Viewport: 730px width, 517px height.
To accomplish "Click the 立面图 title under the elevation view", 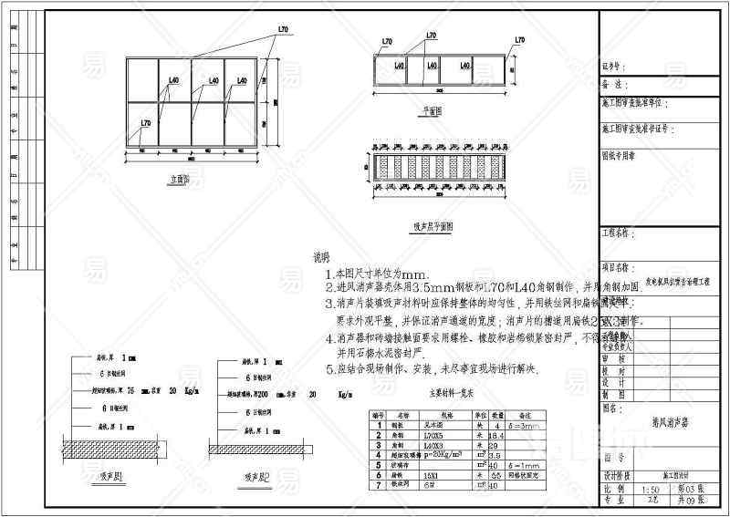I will (178, 181).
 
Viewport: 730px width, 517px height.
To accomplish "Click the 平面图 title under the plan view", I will (432, 109).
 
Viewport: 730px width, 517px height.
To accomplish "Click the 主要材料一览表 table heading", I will (454, 394).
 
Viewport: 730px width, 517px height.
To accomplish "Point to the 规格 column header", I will (429, 414).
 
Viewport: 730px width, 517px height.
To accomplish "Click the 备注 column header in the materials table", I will (524, 414).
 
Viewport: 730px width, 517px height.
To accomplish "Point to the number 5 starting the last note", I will (330, 370).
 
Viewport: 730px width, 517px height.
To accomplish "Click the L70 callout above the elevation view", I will (282, 30).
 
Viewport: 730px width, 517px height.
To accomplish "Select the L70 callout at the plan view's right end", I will (519, 41).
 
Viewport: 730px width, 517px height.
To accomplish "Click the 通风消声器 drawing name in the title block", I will (663, 423).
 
